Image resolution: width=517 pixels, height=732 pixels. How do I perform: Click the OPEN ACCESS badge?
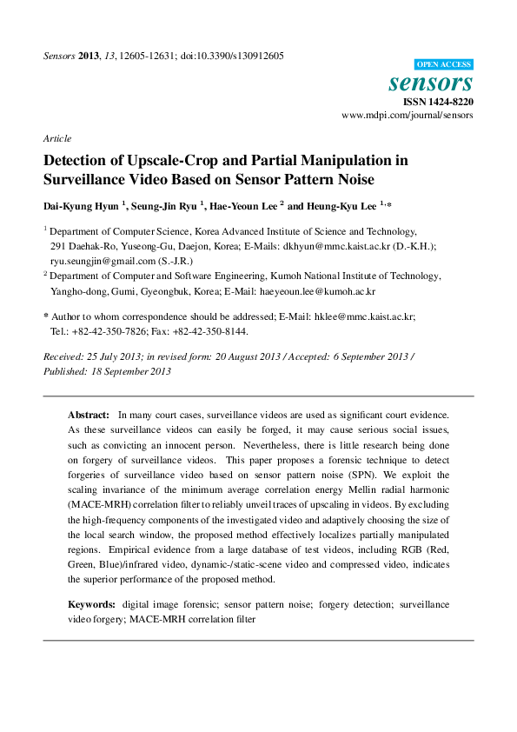(443, 64)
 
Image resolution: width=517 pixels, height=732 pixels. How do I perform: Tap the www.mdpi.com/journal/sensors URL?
(408, 115)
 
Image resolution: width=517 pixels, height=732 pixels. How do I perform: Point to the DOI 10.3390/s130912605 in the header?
(232, 56)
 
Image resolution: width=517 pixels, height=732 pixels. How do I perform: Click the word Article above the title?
(56, 138)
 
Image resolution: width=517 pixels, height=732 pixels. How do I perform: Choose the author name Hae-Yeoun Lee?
(242, 206)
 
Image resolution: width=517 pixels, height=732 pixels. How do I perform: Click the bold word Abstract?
(89, 416)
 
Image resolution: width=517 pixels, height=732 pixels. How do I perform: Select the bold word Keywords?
(91, 603)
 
